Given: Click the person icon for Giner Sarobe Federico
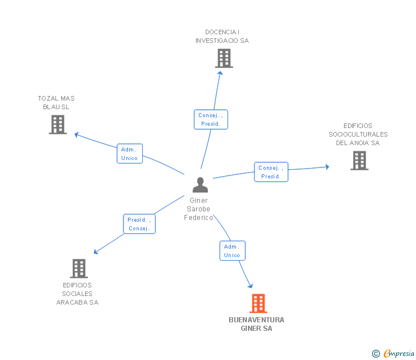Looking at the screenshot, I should [200, 185].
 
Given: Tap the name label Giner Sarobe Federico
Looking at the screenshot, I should [199, 209].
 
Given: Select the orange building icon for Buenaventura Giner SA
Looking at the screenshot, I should [258, 303].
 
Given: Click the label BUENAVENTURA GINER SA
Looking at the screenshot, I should [257, 324].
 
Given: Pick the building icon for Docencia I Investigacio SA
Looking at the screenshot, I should [224, 58].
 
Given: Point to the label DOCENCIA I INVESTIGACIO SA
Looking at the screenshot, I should [222, 37].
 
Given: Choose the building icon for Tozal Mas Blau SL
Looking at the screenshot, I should [58, 125].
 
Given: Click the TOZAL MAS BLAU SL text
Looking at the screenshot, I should [56, 102].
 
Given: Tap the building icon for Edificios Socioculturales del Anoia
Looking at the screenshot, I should [359, 161].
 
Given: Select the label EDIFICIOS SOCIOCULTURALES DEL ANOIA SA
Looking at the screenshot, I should [358, 134].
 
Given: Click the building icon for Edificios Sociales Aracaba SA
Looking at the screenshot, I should [78, 268].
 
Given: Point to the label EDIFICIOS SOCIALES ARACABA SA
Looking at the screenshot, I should [78, 294].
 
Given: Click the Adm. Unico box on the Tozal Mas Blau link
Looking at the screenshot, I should [130, 154].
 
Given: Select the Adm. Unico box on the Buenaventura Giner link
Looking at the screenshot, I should [232, 251].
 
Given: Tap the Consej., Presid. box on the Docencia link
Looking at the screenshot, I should [210, 119].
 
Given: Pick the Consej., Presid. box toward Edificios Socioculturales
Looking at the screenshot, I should [271, 172].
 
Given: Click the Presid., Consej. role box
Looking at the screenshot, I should [139, 224].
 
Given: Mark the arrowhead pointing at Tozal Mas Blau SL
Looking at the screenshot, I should [77, 135].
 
